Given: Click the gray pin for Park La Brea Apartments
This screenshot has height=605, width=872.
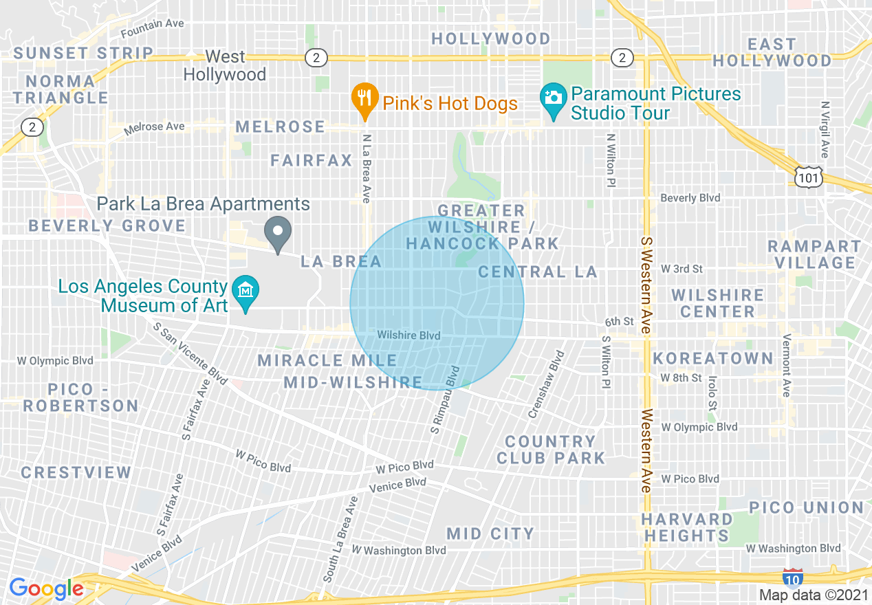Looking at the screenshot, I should [x=279, y=234].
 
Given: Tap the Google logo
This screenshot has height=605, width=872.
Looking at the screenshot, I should [x=46, y=588].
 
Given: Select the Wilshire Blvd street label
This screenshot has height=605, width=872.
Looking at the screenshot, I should [x=408, y=335].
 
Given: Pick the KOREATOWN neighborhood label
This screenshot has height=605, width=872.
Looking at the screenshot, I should [x=713, y=358].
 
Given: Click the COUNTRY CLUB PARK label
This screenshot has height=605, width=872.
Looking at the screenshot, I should [x=550, y=450].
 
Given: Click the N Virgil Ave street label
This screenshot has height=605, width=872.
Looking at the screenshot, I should [x=825, y=130].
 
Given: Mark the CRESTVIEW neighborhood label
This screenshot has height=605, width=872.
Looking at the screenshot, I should [x=76, y=472].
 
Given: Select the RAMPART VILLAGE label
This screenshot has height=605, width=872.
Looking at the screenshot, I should [x=814, y=254].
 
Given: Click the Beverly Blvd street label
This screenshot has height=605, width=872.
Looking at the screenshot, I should [x=690, y=198].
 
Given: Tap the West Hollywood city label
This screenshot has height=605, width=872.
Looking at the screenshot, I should [x=225, y=66].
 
